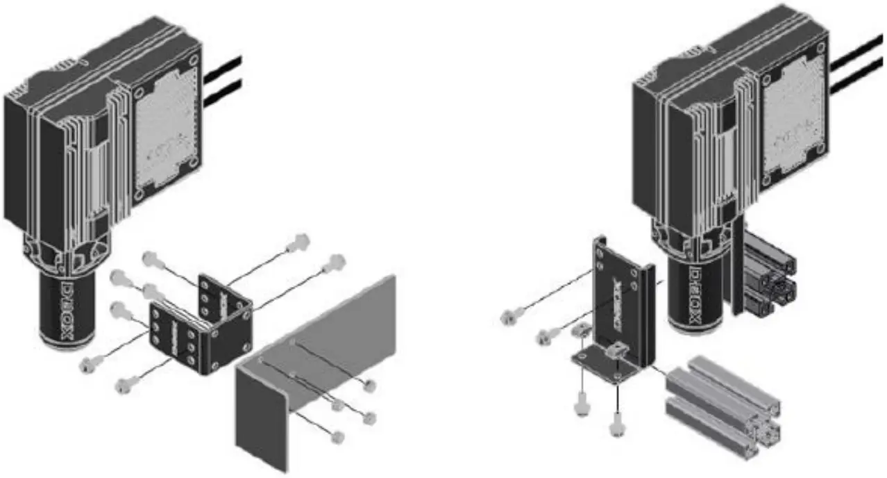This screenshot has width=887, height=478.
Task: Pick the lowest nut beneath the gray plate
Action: tap(337, 436)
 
